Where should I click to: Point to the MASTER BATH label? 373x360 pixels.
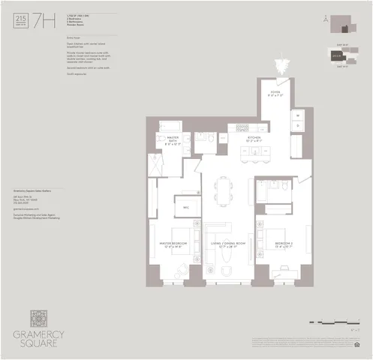point(173,139)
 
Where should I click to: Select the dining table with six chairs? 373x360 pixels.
point(226,188)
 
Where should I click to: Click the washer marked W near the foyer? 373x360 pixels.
point(298,115)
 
